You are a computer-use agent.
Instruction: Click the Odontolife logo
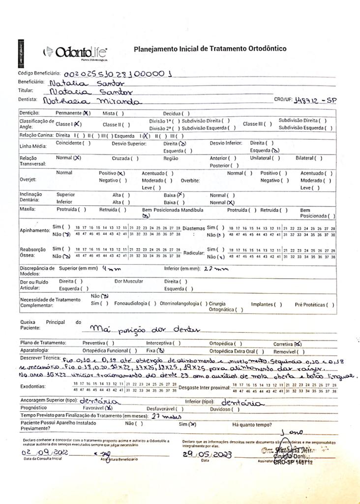[76, 52]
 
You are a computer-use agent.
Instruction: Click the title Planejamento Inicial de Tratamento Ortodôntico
[210, 49]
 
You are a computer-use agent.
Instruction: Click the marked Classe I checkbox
[77, 125]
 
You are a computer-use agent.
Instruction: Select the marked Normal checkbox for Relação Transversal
[77, 158]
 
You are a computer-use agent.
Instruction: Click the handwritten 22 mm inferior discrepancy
[216, 269]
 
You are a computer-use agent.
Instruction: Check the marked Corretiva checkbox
[298, 344]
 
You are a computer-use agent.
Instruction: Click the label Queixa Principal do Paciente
[49, 325]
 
